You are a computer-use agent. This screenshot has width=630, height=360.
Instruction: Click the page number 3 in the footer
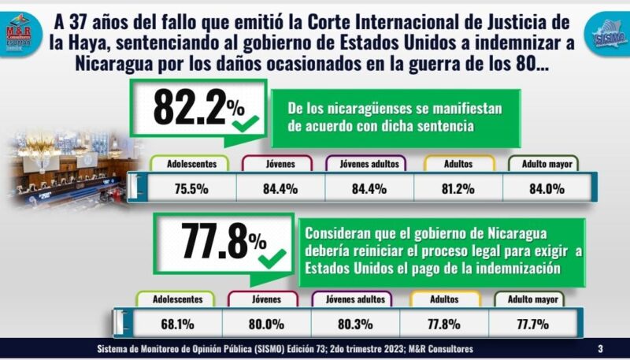tap(600, 349)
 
